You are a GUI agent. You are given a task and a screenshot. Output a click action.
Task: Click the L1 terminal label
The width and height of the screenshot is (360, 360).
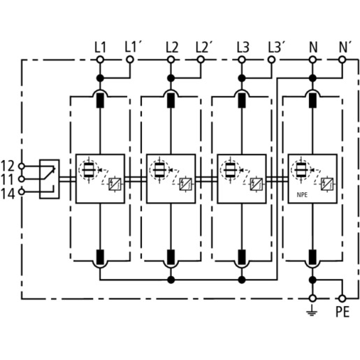(x=100, y=48)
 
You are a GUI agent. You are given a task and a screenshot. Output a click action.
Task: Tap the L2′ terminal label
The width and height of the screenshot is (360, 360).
(x=203, y=48)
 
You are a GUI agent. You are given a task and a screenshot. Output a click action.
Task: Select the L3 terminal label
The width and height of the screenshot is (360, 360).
(x=243, y=48)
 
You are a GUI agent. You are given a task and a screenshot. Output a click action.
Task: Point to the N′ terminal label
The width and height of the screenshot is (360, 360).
(x=345, y=48)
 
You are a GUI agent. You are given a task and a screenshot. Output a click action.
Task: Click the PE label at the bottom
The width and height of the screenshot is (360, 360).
(x=343, y=312)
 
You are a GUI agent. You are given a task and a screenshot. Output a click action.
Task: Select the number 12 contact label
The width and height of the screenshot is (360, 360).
(x=8, y=166)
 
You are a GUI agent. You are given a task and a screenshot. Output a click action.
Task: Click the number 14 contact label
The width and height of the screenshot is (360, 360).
(x=8, y=194)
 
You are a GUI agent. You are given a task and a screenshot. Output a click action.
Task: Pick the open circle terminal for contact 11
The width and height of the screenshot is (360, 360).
(x=22, y=179)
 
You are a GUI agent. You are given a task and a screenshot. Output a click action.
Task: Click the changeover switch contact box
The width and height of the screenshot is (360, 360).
(x=49, y=179)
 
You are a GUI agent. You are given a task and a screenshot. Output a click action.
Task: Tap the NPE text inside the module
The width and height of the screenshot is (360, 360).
(x=302, y=195)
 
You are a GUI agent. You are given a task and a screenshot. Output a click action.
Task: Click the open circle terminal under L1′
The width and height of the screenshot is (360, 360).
(x=130, y=60)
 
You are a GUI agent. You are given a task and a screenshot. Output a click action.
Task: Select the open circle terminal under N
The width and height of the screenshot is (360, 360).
(x=312, y=60)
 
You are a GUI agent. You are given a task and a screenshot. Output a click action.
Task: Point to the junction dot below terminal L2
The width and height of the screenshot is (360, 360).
(x=171, y=78)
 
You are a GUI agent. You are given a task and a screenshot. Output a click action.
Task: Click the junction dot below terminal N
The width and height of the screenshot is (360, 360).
(x=312, y=78)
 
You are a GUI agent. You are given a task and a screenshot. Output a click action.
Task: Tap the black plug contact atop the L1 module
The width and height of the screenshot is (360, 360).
(x=100, y=101)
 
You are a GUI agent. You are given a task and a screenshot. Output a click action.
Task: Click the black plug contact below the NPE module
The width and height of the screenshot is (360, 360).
(x=312, y=257)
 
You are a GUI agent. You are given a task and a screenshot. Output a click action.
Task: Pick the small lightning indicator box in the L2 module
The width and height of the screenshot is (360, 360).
(x=185, y=184)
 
